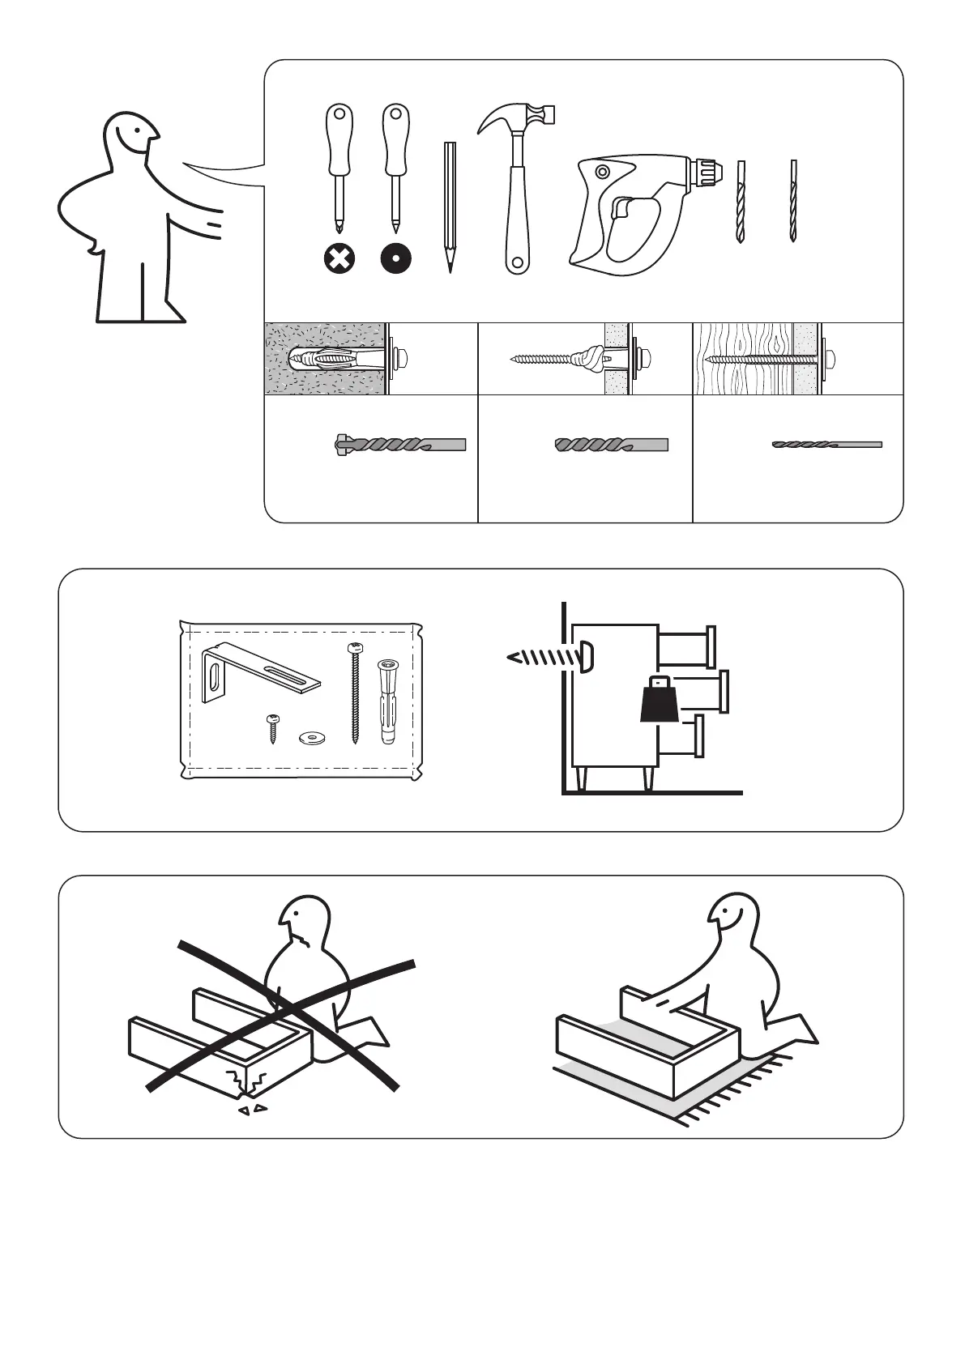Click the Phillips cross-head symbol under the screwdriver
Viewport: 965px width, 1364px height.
click(x=339, y=259)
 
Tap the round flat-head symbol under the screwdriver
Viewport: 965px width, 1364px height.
click(x=395, y=259)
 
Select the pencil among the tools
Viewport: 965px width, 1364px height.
click(x=450, y=206)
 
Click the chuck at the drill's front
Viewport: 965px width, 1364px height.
click(x=707, y=171)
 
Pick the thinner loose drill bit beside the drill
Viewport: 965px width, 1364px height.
click(x=793, y=202)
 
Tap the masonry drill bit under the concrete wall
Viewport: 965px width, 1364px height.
click(x=400, y=445)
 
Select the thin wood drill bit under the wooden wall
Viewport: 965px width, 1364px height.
click(x=826, y=445)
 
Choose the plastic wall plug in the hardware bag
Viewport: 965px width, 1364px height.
click(x=386, y=701)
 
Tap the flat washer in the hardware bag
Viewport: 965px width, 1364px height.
click(x=309, y=737)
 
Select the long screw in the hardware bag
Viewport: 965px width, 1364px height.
click(x=354, y=693)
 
